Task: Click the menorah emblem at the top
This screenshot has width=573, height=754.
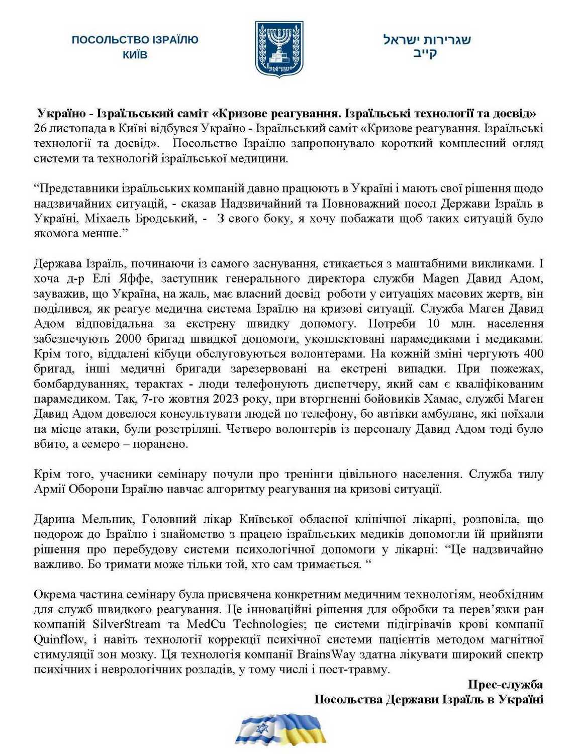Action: pos(279,49)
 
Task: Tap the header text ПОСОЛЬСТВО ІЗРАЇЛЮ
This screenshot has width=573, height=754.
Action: pos(135,40)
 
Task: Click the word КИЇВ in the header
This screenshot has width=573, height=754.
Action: pos(135,54)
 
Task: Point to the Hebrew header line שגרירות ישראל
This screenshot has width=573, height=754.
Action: pos(427,40)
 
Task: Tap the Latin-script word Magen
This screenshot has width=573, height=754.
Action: pos(441,278)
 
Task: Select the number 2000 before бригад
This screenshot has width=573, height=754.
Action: pos(128,339)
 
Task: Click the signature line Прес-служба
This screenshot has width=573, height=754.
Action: pos(505,685)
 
